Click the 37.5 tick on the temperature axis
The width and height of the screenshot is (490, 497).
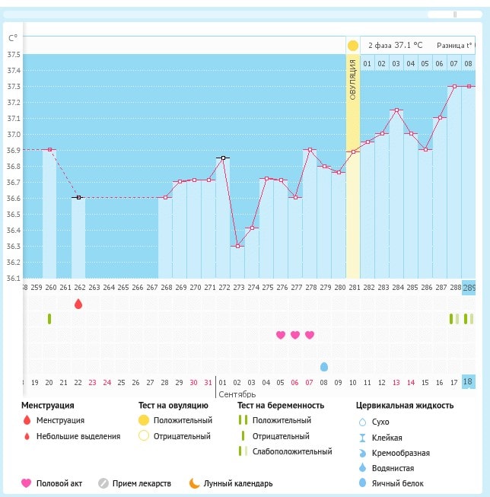pyautogui.click(x=14, y=55)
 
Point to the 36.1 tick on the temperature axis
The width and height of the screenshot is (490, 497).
pyautogui.click(x=14, y=278)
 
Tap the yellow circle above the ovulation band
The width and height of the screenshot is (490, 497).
pyautogui.click(x=353, y=46)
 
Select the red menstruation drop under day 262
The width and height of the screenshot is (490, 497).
pyautogui.click(x=78, y=304)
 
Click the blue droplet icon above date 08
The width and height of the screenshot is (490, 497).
pyautogui.click(x=325, y=367)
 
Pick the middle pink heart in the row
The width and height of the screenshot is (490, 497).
pyautogui.click(x=295, y=335)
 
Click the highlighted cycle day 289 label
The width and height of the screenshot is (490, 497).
pyautogui.click(x=469, y=288)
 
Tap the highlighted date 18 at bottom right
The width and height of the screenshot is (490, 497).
pyautogui.click(x=468, y=381)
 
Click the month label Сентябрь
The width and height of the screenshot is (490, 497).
pyautogui.click(x=237, y=395)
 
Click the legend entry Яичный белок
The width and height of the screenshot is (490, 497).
pyautogui.click(x=392, y=483)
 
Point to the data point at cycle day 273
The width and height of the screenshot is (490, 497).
pyautogui.click(x=237, y=246)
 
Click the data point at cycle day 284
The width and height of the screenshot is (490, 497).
pyautogui.click(x=396, y=110)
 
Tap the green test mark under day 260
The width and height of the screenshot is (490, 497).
pyautogui.click(x=49, y=319)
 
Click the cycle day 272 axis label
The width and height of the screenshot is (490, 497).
pyautogui.click(x=223, y=288)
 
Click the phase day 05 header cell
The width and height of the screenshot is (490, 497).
pyautogui.click(x=425, y=63)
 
